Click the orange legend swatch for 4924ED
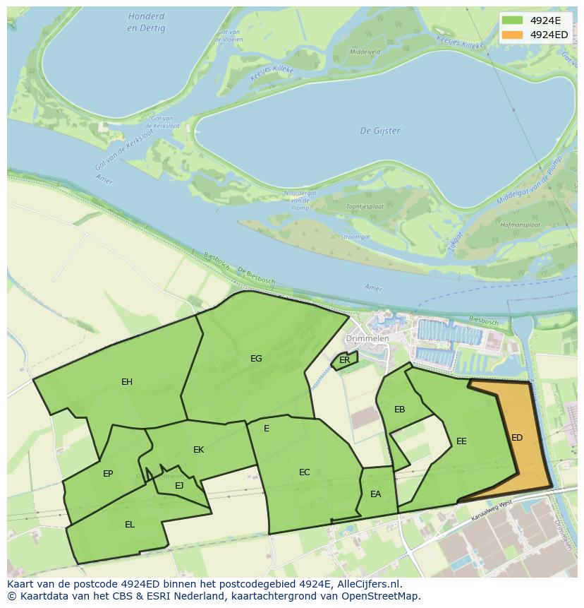coord(513,35)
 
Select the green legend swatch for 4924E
coord(513,20)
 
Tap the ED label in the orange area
coord(517,438)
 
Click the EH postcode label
coord(127,382)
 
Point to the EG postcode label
coord(256,359)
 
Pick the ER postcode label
coord(344,360)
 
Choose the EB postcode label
coord(399,410)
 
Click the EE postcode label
coord(461,441)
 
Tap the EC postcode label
coord(305,472)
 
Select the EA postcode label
coord(375,494)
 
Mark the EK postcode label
coord(198,450)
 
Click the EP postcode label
coord(108,474)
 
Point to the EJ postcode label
coord(179,485)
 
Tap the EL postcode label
coord(130,525)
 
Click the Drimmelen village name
coord(374,338)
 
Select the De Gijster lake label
coord(380,131)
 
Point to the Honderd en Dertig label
coord(147,23)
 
